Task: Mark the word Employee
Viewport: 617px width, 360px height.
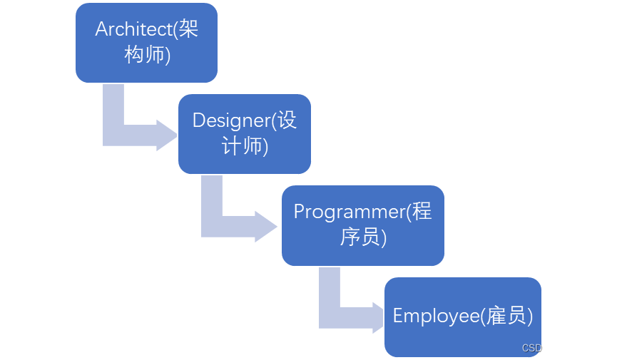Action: coord(434,316)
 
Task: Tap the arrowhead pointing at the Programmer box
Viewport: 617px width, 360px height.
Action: coord(266,226)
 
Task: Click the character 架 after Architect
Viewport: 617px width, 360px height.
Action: coord(188,29)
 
